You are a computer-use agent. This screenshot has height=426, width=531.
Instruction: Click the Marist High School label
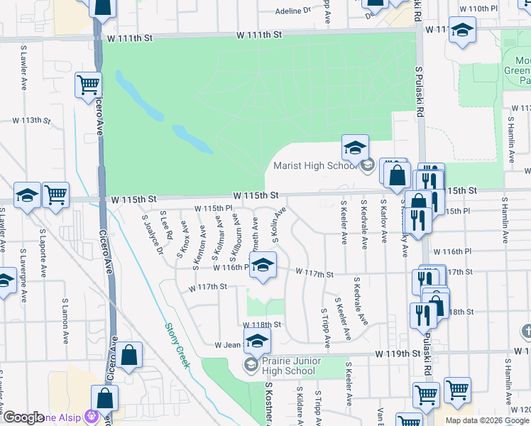[313, 167]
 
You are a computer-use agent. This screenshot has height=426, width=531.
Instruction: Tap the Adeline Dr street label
[292, 11]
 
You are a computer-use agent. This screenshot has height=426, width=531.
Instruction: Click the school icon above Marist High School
[355, 148]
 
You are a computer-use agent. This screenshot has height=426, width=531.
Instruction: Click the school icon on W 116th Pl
[263, 266]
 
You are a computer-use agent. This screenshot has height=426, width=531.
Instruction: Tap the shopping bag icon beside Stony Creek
[129, 355]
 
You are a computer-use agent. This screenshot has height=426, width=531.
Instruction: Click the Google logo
[24, 417]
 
